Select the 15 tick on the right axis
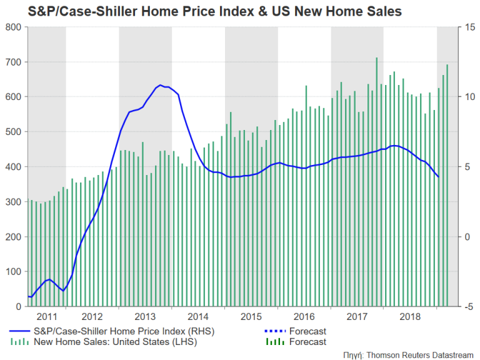coord(467,27)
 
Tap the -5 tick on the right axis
coord(467,307)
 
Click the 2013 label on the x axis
coord(145,316)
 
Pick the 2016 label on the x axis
coord(304,316)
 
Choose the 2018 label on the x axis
coord(411,316)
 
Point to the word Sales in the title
coord(385,11)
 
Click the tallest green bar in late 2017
coord(376,58)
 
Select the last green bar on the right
coord(447,65)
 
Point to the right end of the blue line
coord(438,177)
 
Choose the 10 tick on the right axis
coord(467,97)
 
